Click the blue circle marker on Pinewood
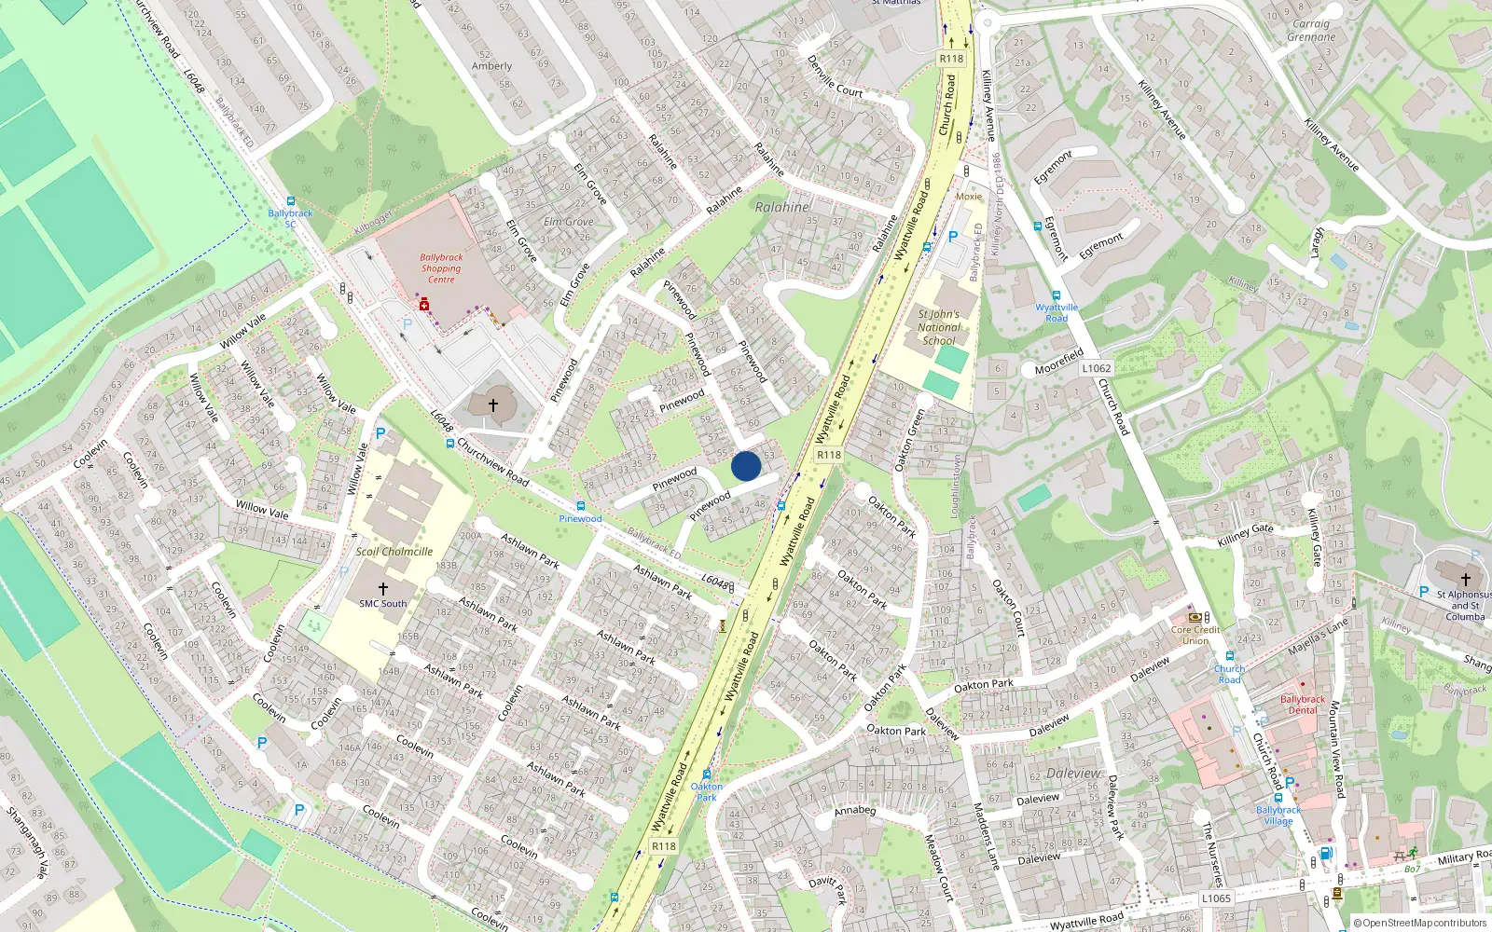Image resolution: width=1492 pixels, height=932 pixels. click(x=746, y=466)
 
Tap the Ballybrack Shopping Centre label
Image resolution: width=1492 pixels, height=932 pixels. click(x=441, y=268)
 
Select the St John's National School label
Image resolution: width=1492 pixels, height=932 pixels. click(x=938, y=327)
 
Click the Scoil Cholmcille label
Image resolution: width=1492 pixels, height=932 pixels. click(x=394, y=551)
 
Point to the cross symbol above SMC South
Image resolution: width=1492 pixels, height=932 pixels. click(x=382, y=589)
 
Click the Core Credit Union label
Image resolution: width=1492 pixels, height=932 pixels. click(x=1195, y=635)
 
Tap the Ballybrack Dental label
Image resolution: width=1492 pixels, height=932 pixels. click(x=1302, y=705)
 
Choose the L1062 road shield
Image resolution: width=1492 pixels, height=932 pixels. click(x=1097, y=368)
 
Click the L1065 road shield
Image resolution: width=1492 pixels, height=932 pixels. click(x=1216, y=898)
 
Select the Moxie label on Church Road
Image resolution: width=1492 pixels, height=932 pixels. click(x=969, y=197)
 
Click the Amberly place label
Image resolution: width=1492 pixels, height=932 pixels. click(x=491, y=66)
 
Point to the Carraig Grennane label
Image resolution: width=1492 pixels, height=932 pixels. click(x=1311, y=31)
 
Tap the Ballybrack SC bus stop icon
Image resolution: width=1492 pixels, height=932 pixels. click(x=291, y=201)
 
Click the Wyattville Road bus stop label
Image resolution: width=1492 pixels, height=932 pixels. click(x=1057, y=312)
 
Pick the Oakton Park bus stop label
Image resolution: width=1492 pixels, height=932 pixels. click(x=707, y=791)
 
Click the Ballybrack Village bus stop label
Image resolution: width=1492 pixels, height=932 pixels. click(x=1278, y=815)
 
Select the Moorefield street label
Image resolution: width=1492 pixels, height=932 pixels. click(x=1058, y=362)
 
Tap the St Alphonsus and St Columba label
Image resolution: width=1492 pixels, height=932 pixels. click(x=1464, y=605)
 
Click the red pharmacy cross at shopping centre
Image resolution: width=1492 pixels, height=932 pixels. click(x=424, y=305)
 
